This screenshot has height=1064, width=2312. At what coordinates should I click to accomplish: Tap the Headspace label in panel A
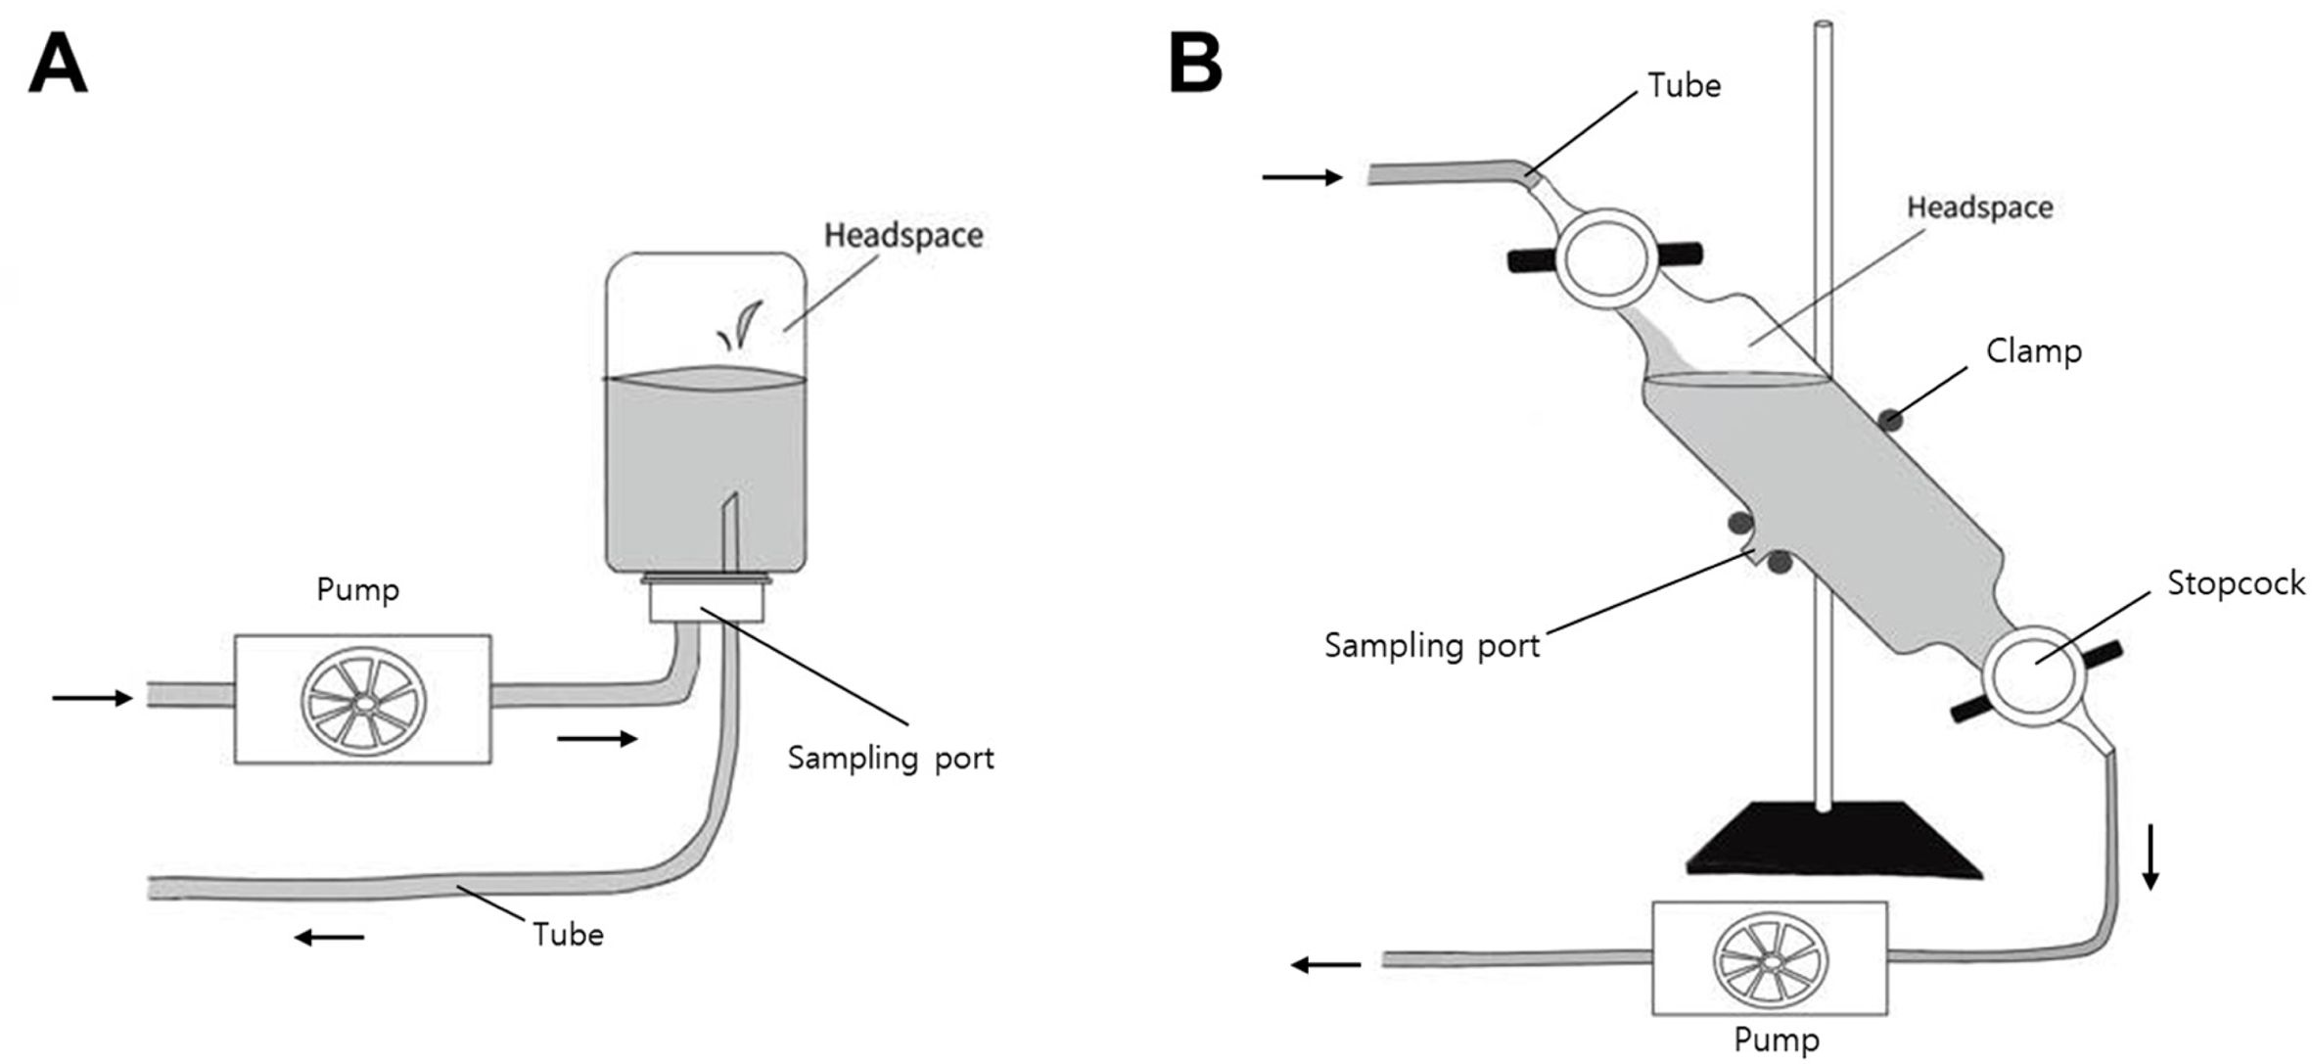pyautogui.click(x=902, y=236)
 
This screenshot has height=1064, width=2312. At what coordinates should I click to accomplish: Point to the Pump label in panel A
pyautogui.click(x=357, y=590)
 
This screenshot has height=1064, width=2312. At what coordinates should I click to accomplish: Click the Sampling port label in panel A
pyautogui.click(x=891, y=759)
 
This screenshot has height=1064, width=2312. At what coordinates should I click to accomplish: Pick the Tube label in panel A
pyautogui.click(x=568, y=935)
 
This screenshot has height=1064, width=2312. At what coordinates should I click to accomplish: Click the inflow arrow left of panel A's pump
pyautogui.click(x=91, y=698)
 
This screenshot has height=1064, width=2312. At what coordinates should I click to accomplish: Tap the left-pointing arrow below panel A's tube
pyautogui.click(x=330, y=938)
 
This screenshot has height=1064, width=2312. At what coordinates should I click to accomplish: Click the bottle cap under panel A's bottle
pyautogui.click(x=707, y=599)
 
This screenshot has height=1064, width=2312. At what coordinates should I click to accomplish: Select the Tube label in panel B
pyautogui.click(x=1684, y=86)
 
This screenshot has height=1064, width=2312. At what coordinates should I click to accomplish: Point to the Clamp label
pyautogui.click(x=2033, y=351)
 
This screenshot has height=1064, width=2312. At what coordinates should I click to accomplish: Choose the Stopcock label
pyautogui.click(x=2236, y=583)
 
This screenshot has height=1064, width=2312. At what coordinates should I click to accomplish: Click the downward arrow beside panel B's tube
pyautogui.click(x=2150, y=856)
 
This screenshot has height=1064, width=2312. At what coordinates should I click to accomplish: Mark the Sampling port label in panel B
pyautogui.click(x=1431, y=646)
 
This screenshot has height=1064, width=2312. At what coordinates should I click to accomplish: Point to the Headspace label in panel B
pyautogui.click(x=1979, y=208)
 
